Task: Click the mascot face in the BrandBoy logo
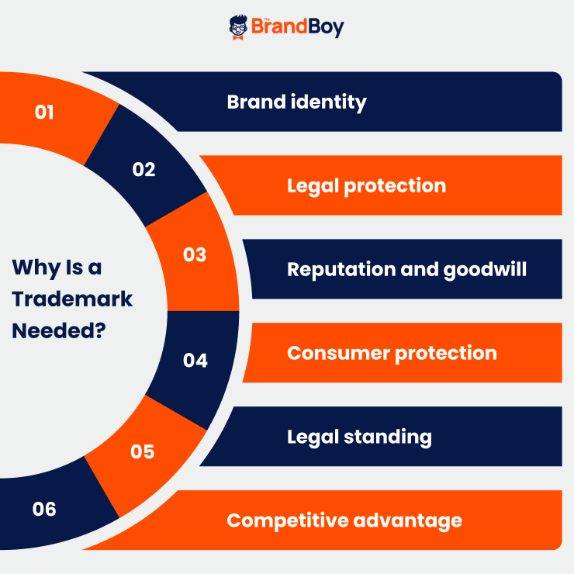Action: click(238, 26)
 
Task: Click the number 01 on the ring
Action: click(44, 112)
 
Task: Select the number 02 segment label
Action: click(143, 169)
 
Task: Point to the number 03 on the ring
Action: click(195, 254)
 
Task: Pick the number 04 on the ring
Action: click(195, 361)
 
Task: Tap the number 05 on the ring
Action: click(143, 451)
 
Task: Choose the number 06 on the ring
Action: click(44, 509)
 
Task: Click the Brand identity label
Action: click(296, 102)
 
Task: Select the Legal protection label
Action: click(366, 185)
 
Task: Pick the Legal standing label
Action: click(359, 436)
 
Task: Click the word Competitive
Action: click(286, 520)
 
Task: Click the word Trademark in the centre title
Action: click(72, 299)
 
